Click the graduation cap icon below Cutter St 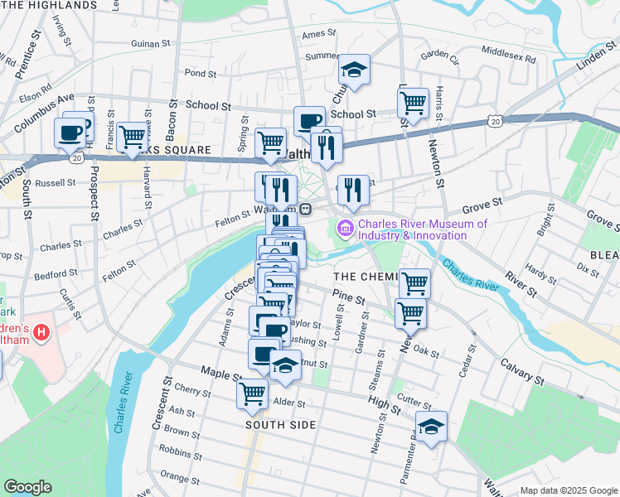pyautogui.click(x=431, y=427)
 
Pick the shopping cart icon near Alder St pyautogui.click(x=253, y=393)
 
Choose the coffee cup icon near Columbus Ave pyautogui.click(x=70, y=132)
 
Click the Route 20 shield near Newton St pyautogui.click(x=495, y=121)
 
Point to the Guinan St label pyautogui.click(x=150, y=44)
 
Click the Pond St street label pyautogui.click(x=200, y=73)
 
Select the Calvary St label pyautogui.click(x=521, y=372)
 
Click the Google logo pyautogui.click(x=27, y=488)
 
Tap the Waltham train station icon pyautogui.click(x=305, y=208)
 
